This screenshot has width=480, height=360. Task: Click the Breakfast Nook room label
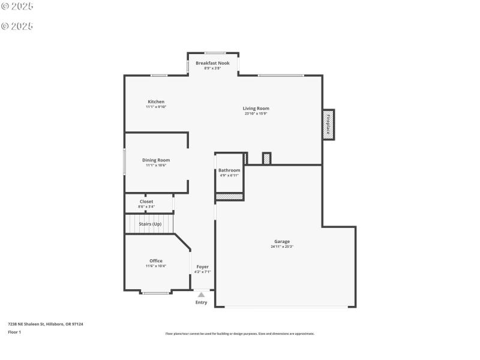click(x=212, y=63)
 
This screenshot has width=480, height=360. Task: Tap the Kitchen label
click(x=156, y=101)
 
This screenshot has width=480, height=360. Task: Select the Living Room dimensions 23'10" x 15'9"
click(x=256, y=113)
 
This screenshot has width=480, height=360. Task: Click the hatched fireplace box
click(x=328, y=125)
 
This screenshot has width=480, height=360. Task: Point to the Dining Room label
click(x=156, y=160)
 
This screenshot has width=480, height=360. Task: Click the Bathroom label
click(x=229, y=170)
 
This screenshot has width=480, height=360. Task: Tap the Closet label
click(x=146, y=202)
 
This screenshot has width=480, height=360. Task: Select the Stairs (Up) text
click(x=150, y=224)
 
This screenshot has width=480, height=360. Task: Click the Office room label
click(x=156, y=261)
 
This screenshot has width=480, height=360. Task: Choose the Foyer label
click(x=202, y=266)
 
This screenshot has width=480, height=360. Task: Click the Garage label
click(x=282, y=241)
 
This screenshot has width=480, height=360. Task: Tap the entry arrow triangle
click(x=201, y=295)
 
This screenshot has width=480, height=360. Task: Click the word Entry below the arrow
click(x=201, y=302)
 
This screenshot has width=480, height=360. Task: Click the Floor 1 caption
click(x=14, y=332)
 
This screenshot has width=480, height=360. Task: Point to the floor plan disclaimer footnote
click(x=240, y=334)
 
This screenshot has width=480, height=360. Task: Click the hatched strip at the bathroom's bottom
click(x=229, y=196)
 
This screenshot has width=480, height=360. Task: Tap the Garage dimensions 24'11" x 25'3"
click(x=282, y=247)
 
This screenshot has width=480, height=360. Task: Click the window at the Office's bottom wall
click(x=155, y=293)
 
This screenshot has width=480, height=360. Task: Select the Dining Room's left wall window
click(x=125, y=161)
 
